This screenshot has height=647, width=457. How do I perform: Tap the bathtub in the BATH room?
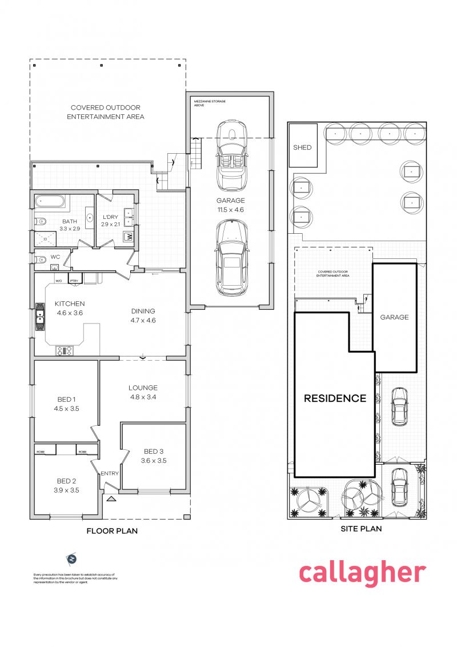click(50, 202)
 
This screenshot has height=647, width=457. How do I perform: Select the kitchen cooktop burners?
click(64, 350)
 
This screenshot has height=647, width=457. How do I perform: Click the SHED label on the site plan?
click(302, 147)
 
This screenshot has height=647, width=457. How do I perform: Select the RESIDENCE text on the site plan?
click(335, 398)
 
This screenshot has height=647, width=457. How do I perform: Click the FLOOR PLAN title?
click(112, 531)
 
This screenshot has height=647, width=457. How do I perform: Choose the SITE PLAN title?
click(361, 529)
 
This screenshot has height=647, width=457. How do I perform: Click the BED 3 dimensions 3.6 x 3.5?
click(154, 460)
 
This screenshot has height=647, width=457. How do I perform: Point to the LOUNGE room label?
click(143, 388)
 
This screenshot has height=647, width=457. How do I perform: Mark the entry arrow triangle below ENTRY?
click(111, 498)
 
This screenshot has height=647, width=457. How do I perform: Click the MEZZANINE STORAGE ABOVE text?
click(210, 103)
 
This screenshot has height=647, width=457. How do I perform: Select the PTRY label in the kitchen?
click(74, 281)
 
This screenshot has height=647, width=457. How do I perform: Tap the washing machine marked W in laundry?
click(129, 236)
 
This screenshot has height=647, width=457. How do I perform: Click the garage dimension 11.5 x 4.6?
click(230, 210)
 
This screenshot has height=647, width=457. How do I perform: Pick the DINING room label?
click(143, 311)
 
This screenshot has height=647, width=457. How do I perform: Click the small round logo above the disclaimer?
click(72, 558)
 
